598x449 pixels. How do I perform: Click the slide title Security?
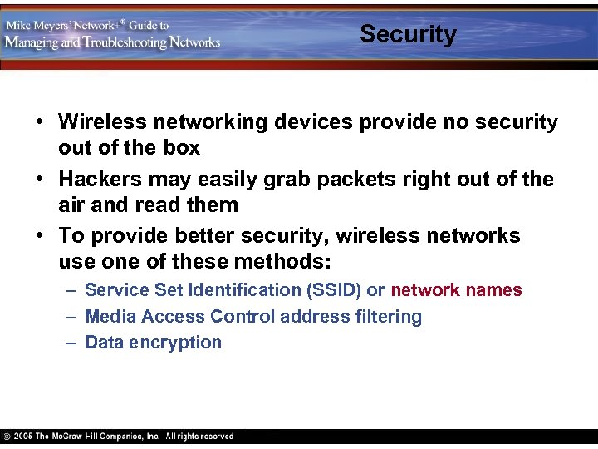[x=408, y=34]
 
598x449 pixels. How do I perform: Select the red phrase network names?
[x=456, y=290]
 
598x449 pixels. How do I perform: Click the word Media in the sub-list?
[x=111, y=317]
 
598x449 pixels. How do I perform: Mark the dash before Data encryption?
[x=70, y=343]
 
